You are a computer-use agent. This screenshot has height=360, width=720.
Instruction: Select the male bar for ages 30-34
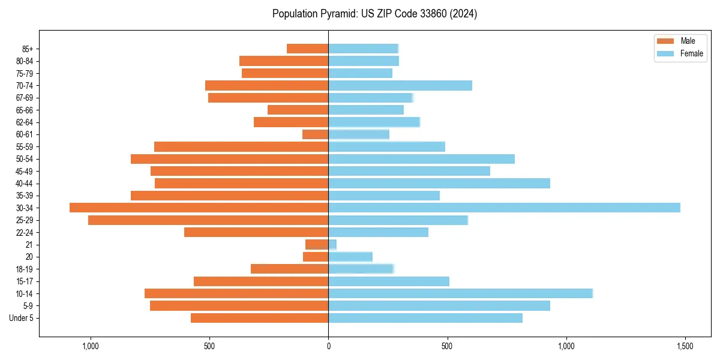pos(199,208)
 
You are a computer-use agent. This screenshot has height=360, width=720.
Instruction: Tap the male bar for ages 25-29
pos(208,220)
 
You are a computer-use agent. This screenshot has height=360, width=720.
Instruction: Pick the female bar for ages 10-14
pos(460,293)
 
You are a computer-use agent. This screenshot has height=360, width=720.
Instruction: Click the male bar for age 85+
pos(308,49)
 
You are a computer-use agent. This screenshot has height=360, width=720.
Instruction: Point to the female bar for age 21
pos(332,244)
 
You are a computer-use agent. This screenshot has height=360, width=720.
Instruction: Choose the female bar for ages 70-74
pos(400,85)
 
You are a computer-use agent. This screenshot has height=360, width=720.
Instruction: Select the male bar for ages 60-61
pos(316,134)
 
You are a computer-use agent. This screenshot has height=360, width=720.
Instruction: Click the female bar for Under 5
pos(425,318)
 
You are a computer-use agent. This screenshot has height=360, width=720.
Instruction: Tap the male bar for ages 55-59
pos(241,146)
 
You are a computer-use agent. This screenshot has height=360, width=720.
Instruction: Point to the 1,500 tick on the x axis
pos(685,347)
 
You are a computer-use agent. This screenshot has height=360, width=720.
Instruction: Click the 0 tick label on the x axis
pos(328,347)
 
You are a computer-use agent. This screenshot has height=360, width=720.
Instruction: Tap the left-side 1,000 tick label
pos(90,347)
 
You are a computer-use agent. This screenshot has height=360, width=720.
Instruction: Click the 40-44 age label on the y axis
pos(25,184)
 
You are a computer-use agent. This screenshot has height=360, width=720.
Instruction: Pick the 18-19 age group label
pos(25,269)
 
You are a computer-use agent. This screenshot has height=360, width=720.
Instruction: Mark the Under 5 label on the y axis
pos(22,318)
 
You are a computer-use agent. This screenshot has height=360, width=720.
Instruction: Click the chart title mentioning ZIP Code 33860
pos(374,14)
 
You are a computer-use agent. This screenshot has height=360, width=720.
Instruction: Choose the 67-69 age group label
pos(25,98)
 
